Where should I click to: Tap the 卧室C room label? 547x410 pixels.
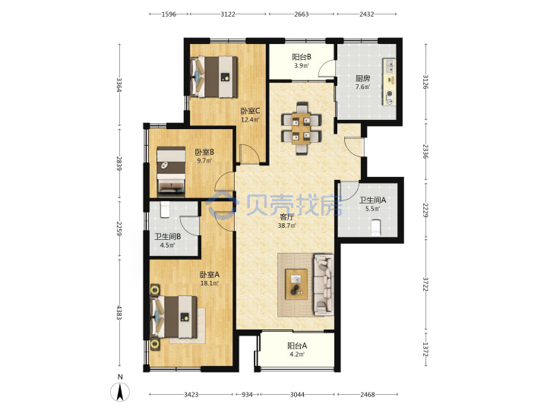click(x=250, y=111)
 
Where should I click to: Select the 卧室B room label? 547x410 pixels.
click(x=204, y=152)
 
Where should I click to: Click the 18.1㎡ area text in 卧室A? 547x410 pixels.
click(x=210, y=283)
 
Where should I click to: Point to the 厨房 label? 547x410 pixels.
click(x=363, y=78)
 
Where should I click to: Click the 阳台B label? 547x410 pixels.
click(x=302, y=57)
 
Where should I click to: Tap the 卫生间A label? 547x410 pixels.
click(x=372, y=200)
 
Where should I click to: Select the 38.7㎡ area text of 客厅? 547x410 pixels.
click(x=286, y=225)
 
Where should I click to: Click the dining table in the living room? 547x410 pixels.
click(x=301, y=128)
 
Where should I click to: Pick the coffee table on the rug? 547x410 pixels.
click(x=296, y=284)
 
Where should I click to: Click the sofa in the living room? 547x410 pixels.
click(x=324, y=285)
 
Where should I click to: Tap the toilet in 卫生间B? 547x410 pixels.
click(x=165, y=210)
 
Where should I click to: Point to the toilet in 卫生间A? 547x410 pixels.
click(x=375, y=227)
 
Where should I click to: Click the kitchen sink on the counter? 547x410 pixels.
click(x=389, y=66)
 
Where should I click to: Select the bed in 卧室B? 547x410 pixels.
click(x=171, y=170)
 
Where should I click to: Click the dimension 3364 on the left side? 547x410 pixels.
click(x=119, y=85)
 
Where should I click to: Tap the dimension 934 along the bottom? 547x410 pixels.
click(x=247, y=394)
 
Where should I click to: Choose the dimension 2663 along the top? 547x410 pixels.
click(x=301, y=14)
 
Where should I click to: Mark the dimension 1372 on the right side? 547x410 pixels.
click(x=425, y=349)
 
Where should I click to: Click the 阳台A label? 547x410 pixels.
click(x=297, y=346)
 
